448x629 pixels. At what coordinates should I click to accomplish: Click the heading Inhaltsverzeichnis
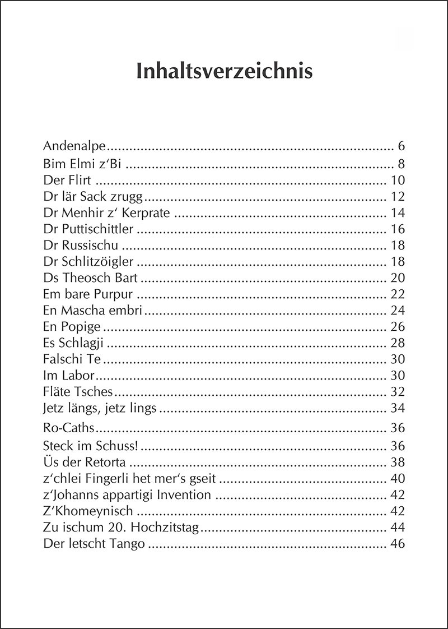click(224, 72)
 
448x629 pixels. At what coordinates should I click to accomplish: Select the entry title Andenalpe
click(75, 147)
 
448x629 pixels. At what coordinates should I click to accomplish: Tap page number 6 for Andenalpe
click(401, 147)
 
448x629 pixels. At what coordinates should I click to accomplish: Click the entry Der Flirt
click(67, 181)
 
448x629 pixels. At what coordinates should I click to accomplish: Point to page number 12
click(396, 197)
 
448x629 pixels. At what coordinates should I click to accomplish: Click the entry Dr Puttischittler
click(88, 229)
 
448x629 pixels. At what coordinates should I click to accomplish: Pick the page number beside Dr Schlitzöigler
click(396, 262)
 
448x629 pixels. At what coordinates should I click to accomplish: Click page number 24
click(396, 311)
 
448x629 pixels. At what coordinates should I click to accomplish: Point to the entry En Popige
click(72, 327)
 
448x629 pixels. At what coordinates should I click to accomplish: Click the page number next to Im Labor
click(396, 376)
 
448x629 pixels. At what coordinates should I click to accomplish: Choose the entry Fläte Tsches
click(78, 392)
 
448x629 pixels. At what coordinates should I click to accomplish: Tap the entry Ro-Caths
click(69, 429)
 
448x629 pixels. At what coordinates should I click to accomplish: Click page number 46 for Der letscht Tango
click(396, 544)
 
